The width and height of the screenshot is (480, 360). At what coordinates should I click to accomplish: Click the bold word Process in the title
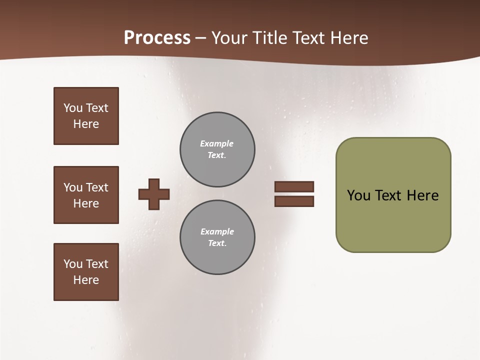point(157,38)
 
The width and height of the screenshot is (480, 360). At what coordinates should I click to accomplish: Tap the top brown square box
point(86,116)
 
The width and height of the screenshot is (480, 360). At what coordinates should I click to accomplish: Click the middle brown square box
point(86,195)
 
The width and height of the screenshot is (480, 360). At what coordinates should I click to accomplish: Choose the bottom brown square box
point(86,272)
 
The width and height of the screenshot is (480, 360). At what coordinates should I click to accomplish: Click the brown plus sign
point(153,194)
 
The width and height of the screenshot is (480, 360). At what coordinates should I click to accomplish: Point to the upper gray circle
point(217,149)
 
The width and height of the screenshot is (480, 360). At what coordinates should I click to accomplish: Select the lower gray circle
point(217,237)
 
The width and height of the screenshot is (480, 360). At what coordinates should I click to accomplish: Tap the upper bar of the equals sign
point(294,187)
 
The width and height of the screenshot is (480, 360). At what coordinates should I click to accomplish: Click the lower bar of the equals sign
point(294,201)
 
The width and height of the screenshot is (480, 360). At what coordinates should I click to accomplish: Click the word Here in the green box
point(422,195)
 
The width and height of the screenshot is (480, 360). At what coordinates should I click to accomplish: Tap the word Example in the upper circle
point(216,143)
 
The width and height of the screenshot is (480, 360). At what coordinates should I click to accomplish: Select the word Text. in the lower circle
point(217,243)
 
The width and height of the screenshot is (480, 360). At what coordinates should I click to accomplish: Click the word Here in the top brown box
point(86,124)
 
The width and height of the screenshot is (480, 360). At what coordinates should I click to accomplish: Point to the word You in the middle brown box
point(73,187)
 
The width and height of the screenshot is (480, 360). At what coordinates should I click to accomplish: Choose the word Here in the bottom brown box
point(86,280)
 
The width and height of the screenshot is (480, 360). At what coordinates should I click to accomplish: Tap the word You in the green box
point(358,195)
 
